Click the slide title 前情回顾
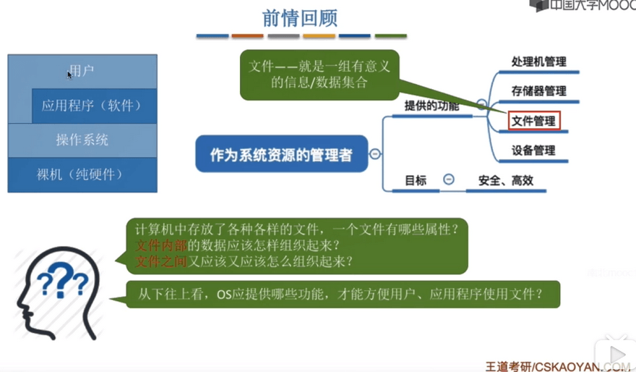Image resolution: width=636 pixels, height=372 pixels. click(x=300, y=18)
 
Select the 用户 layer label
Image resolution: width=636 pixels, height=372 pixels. click(x=82, y=71)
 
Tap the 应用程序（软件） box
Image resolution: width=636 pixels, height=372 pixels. click(x=95, y=106)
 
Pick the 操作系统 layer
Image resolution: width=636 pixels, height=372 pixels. click(x=82, y=140)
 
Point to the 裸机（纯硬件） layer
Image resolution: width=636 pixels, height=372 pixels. click(x=82, y=174)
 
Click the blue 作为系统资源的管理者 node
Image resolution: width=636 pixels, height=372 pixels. click(x=281, y=154)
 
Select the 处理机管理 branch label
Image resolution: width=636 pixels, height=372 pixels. click(x=538, y=62)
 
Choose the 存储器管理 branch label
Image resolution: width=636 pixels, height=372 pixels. click(x=538, y=91)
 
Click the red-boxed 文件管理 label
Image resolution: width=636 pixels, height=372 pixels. click(x=534, y=121)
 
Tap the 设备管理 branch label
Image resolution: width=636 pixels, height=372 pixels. click(x=533, y=151)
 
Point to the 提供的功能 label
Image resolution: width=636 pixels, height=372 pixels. click(x=431, y=106)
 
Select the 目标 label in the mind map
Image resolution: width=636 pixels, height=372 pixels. click(x=416, y=180)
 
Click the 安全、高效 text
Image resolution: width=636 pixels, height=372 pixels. click(x=506, y=180)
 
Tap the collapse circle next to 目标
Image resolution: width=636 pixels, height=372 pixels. click(x=449, y=179)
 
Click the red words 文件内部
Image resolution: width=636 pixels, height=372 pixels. click(x=160, y=245)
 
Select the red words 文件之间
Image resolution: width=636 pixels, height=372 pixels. click(x=160, y=261)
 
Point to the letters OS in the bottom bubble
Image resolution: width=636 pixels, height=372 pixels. click(x=224, y=294)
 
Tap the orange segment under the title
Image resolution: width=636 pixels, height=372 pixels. click(x=247, y=36)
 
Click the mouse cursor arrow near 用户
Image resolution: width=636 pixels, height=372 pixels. click(x=70, y=75)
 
